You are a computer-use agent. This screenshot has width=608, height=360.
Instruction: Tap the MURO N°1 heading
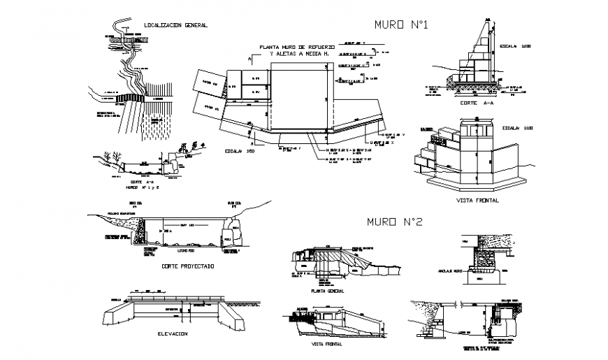(402, 25)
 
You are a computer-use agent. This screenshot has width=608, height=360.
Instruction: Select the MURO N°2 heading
(395, 222)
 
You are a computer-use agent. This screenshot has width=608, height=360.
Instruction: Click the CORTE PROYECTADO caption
(187, 266)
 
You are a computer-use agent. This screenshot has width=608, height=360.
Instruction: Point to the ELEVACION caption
(172, 334)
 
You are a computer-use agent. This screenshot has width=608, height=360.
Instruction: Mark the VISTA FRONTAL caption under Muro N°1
(477, 200)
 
